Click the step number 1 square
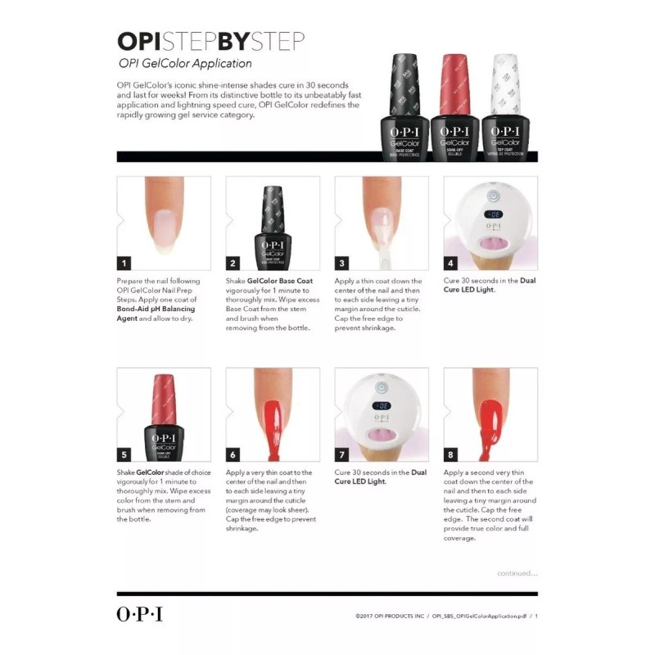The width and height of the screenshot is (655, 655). click(x=124, y=263)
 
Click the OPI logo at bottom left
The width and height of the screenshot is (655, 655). click(x=139, y=614)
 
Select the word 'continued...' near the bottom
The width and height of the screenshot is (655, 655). click(x=517, y=573)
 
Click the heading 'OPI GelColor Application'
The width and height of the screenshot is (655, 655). click(x=185, y=63)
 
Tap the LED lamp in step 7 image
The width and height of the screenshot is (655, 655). click(x=382, y=413)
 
